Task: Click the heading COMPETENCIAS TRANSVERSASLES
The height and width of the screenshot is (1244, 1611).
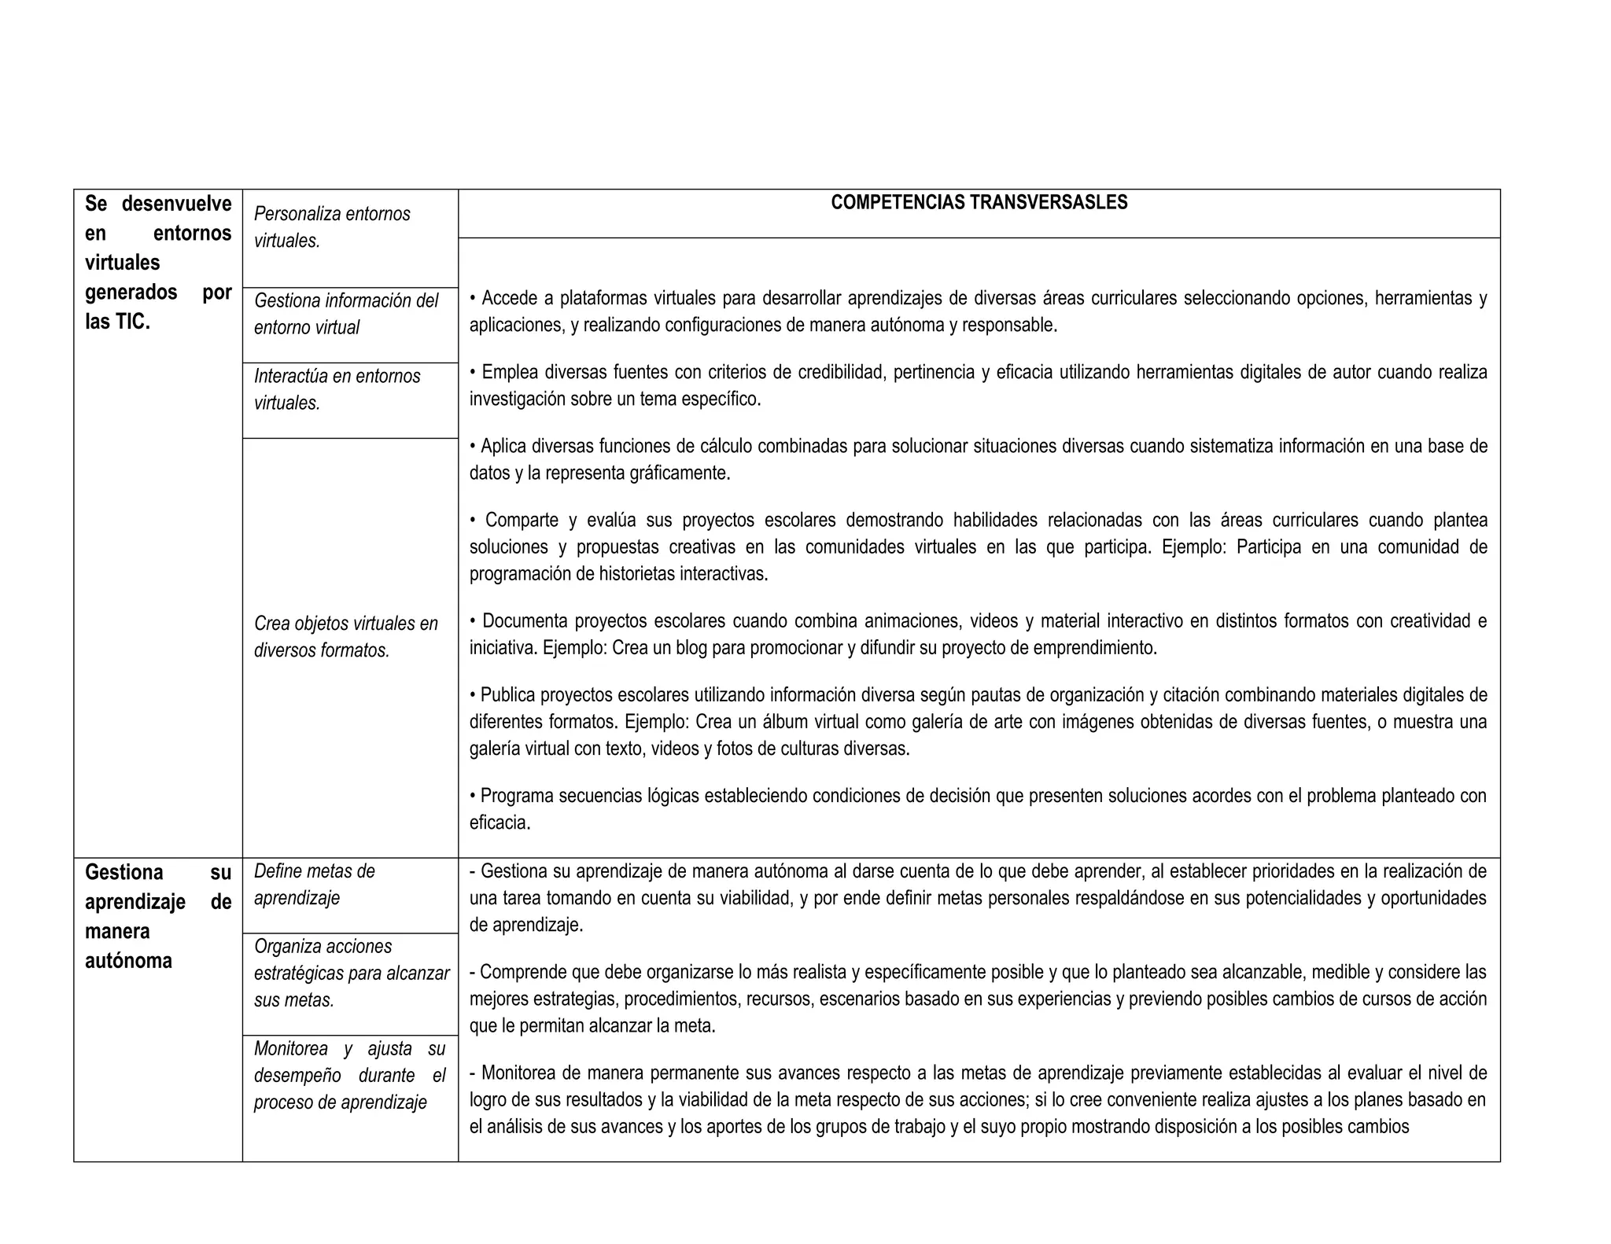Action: [x=979, y=203]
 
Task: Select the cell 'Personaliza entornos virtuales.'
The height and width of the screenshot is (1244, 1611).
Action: [x=332, y=227]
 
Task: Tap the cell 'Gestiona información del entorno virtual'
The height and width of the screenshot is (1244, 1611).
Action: [x=346, y=314]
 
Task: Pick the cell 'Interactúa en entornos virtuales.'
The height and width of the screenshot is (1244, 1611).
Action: [x=337, y=389]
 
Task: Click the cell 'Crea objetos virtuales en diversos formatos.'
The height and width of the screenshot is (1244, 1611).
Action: [x=346, y=637]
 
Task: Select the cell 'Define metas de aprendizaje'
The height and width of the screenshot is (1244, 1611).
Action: [x=314, y=885]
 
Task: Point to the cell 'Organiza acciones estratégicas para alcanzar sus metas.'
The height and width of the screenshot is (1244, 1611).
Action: [x=351, y=973]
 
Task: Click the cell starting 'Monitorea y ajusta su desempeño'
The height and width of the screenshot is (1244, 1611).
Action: [x=349, y=1075]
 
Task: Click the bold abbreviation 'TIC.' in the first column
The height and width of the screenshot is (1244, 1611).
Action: [x=131, y=322]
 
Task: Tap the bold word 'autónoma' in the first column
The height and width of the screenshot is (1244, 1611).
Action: [x=128, y=961]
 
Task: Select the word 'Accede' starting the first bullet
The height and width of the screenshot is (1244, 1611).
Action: [x=508, y=299]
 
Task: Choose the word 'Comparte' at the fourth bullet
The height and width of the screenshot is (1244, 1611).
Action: [x=522, y=521]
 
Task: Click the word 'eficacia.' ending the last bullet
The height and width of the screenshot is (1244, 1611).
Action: [x=500, y=823]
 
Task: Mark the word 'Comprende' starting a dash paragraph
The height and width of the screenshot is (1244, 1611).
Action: [x=521, y=973]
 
